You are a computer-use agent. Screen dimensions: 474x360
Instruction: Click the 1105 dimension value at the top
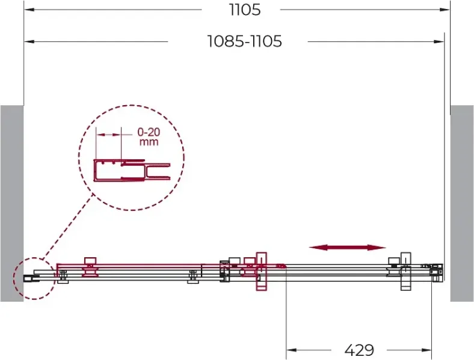245,10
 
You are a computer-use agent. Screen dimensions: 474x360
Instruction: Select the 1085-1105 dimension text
245,41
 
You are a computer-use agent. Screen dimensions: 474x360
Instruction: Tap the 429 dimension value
359,350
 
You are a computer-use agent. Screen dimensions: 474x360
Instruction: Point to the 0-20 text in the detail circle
149,132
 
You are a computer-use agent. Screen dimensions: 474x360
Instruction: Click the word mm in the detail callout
149,142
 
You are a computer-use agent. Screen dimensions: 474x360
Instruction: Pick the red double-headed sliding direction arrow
347,248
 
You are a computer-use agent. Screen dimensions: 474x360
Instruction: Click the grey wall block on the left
12,203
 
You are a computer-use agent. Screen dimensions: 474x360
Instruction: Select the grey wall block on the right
462,203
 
